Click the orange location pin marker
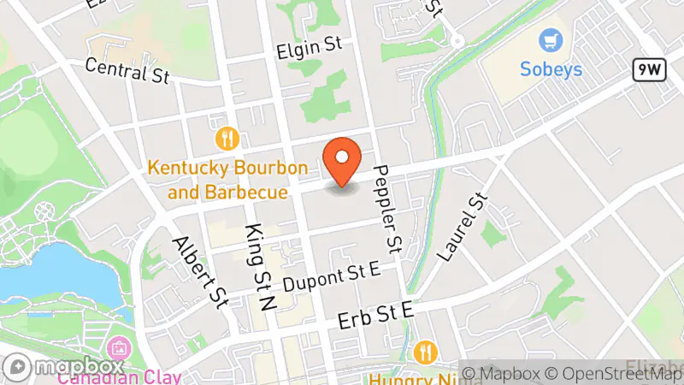click(x=343, y=160)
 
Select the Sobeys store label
click(x=551, y=68)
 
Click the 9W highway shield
click(x=650, y=71)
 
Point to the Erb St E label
click(x=375, y=317)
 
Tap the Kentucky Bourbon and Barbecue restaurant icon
click(x=227, y=138)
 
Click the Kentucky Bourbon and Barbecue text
click(x=227, y=180)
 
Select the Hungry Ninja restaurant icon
click(x=425, y=352)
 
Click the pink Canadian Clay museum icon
click(x=119, y=349)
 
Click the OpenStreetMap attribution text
click(x=616, y=373)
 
